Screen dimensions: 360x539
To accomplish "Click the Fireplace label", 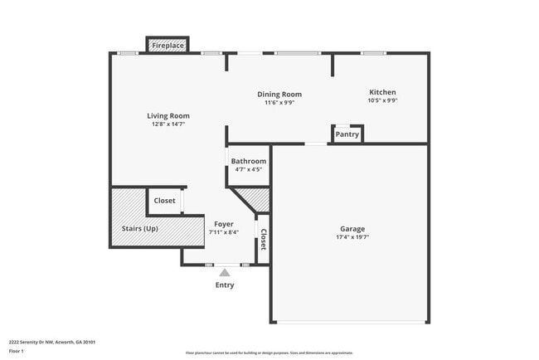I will pos(168,46).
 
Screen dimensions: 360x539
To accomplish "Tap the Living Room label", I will pos(168,116).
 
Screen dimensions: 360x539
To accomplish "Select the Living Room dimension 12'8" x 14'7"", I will pos(168,124).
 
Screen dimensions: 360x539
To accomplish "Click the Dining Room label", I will pos(279,95).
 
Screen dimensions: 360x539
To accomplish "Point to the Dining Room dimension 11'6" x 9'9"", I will pos(279,103).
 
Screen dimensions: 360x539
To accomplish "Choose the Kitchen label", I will pos(382,92).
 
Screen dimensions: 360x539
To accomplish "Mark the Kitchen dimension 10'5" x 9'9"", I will pos(382,100).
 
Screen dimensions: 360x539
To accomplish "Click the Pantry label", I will pos(347,134).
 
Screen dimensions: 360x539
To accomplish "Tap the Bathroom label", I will pos(249,161).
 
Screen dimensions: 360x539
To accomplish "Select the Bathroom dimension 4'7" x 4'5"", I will pos(249,169).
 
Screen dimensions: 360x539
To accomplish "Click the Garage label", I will pos(352,229).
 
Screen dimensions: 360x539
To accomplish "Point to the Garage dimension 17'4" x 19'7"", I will pos(352,237).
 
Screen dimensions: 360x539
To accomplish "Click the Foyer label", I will pos(224,224).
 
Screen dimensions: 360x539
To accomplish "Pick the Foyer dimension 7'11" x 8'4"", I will pos(224,232).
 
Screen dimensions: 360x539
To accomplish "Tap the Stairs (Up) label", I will pos(139,229).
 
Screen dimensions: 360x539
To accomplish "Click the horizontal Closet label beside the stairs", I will pos(164,201).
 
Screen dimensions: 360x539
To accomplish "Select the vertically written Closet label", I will pos(264,240).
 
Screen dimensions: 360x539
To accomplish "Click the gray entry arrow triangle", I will pos(225,271).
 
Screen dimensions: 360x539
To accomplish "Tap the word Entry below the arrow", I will pos(225,285).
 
